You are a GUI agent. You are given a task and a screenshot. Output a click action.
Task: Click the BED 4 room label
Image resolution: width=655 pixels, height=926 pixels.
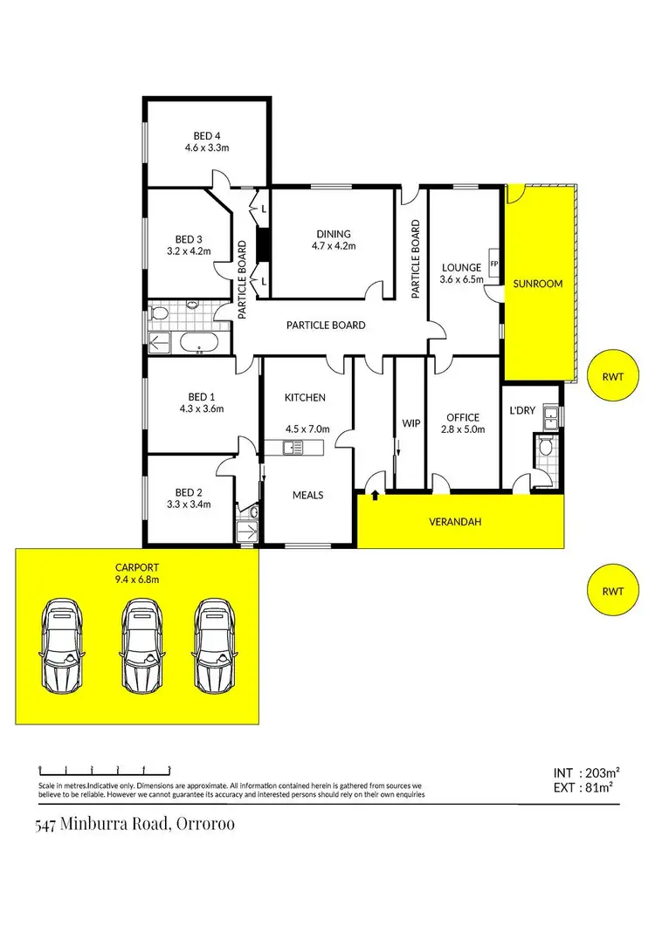click(206, 135)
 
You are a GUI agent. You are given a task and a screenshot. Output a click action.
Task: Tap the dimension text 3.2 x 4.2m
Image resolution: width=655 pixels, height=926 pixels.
click(206, 251)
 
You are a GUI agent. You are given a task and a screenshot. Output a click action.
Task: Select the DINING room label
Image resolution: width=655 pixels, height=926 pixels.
click(334, 234)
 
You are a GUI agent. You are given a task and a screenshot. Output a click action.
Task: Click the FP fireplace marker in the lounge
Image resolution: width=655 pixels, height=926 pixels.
click(493, 264)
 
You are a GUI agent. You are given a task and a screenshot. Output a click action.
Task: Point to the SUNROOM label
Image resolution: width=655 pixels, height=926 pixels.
click(537, 284)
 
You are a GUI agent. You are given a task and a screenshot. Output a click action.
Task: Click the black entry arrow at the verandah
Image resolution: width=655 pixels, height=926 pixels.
click(375, 496)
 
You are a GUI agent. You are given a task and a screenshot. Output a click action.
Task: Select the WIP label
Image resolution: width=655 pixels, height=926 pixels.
click(410, 424)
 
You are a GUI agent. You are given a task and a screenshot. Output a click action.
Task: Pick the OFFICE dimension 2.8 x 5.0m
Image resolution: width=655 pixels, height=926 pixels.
click(463, 429)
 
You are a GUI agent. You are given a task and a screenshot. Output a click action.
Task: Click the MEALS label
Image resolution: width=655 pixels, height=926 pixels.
click(307, 495)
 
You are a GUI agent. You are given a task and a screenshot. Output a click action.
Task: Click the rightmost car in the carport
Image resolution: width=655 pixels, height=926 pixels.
click(214, 644)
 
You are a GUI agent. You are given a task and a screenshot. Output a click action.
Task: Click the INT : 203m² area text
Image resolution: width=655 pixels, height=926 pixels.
click(586, 772)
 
